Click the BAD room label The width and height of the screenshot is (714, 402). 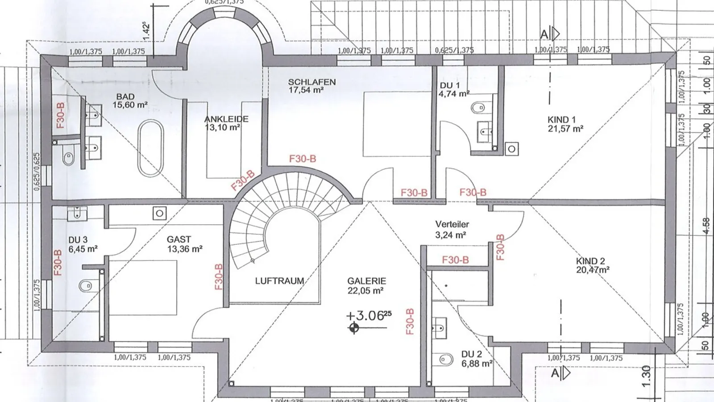125,96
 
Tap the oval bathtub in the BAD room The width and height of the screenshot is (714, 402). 150,148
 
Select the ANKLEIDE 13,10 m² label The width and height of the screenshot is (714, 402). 226,123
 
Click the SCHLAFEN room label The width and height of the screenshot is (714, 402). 311,82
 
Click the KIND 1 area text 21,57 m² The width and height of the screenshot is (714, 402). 565,129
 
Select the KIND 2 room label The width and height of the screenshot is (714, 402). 590,261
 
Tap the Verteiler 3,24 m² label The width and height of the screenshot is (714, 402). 452,229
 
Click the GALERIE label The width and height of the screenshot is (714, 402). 366,281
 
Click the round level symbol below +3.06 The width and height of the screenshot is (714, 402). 354,329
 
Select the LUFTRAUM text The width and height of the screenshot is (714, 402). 279,281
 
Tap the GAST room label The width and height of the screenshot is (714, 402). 179,240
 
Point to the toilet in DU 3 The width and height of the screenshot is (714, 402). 86,285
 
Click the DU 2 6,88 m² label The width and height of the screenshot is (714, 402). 476,359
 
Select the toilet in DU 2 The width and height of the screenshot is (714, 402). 445,359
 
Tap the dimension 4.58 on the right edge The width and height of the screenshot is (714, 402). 706,226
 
